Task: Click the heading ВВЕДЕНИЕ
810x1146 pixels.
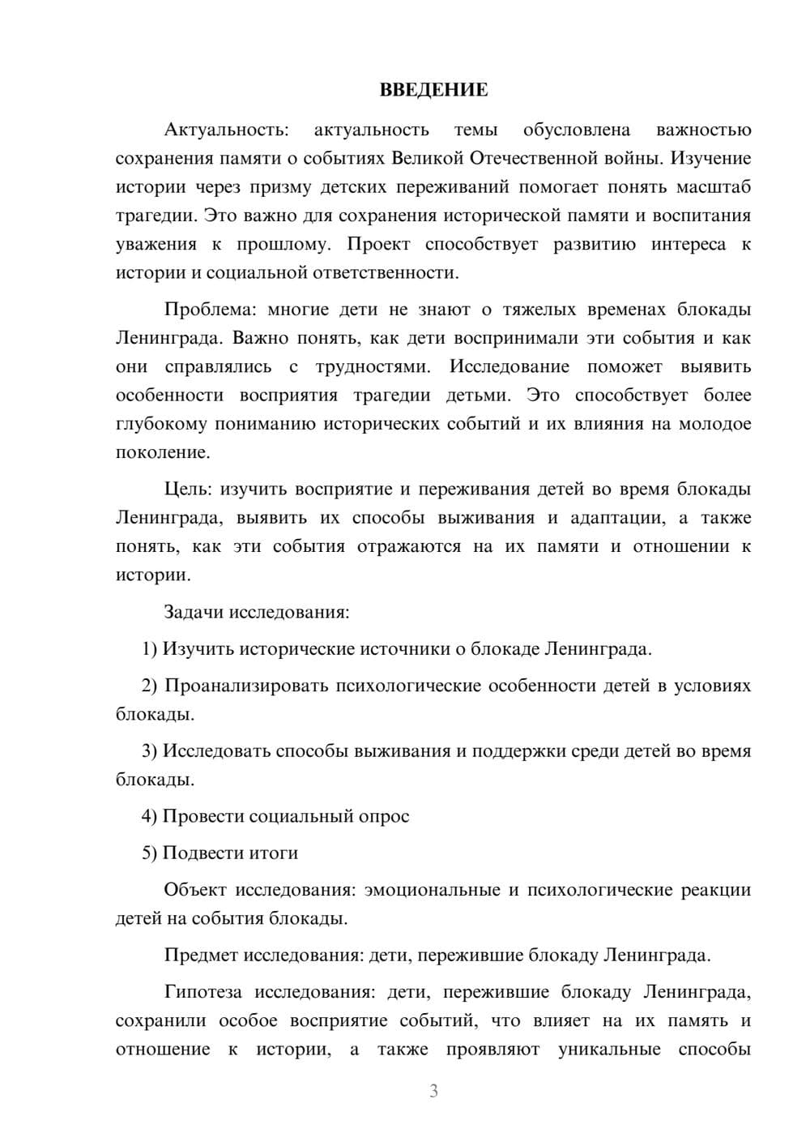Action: point(433,90)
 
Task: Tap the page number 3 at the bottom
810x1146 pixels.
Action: point(433,1091)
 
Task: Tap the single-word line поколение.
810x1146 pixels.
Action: point(162,452)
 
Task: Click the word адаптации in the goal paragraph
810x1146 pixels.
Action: point(610,517)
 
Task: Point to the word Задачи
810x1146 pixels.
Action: point(194,611)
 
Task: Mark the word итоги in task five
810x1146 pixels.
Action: point(271,853)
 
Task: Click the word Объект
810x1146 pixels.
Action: point(196,889)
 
